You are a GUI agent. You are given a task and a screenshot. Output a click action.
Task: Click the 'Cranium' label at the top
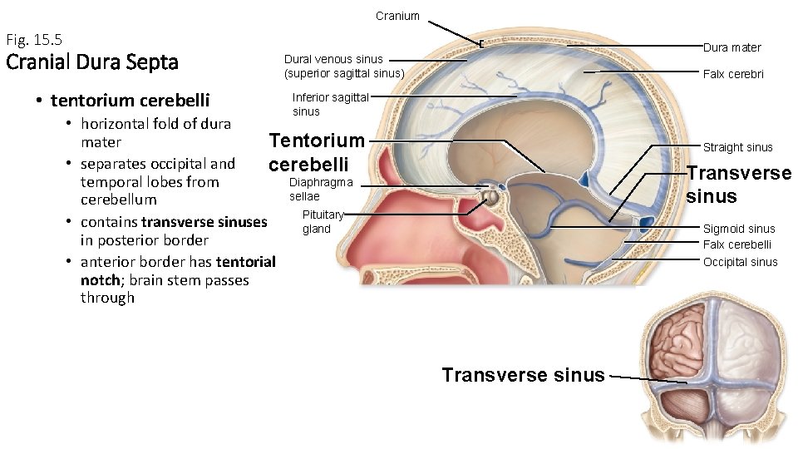(397, 16)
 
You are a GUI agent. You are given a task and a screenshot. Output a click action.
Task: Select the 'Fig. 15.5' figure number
(34, 39)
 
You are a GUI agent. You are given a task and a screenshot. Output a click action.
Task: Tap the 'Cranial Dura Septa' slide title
(91, 62)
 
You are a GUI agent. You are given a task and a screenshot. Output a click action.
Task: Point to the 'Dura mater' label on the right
(731, 47)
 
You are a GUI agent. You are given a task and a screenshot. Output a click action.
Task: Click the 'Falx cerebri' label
(733, 74)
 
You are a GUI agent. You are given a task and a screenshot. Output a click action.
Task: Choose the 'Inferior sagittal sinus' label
(330, 104)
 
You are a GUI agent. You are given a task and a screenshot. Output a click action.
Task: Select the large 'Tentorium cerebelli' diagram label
(317, 151)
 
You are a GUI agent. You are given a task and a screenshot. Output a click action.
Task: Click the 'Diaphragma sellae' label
(321, 189)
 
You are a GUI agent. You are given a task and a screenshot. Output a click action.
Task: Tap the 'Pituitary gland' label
(323, 221)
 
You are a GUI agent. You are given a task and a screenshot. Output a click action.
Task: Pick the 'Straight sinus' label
(737, 147)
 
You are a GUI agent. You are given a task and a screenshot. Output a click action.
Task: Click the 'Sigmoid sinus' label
(738, 229)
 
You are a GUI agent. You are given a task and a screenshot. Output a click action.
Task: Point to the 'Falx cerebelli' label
(736, 244)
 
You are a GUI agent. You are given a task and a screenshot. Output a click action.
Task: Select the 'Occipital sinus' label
(740, 262)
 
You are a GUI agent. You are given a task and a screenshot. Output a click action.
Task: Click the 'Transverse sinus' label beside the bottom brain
(523, 375)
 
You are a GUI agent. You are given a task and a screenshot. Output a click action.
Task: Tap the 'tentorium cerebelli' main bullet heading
(130, 101)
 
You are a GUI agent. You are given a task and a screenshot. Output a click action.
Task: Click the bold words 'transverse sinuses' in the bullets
(204, 222)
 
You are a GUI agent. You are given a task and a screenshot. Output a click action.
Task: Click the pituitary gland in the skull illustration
(491, 198)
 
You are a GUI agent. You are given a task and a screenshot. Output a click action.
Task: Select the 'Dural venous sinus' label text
(333, 59)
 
